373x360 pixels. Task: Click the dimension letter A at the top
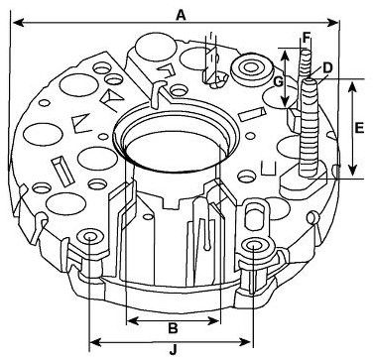(181, 15)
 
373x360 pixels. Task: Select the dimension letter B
(173, 328)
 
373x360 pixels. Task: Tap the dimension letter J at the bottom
(174, 349)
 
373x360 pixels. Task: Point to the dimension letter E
(359, 128)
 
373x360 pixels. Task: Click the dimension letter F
(308, 37)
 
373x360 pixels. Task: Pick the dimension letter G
(279, 81)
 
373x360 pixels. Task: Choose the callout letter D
(327, 68)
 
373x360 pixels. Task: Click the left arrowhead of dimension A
(18, 23)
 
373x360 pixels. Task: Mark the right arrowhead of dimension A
(332, 23)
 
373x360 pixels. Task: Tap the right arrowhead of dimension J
(245, 342)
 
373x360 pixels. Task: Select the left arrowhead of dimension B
(133, 320)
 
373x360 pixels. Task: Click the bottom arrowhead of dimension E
(352, 170)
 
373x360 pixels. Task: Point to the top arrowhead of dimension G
(285, 55)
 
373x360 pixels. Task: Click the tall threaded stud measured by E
(310, 128)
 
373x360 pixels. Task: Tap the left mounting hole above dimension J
(90, 237)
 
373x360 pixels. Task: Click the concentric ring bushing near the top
(252, 68)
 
